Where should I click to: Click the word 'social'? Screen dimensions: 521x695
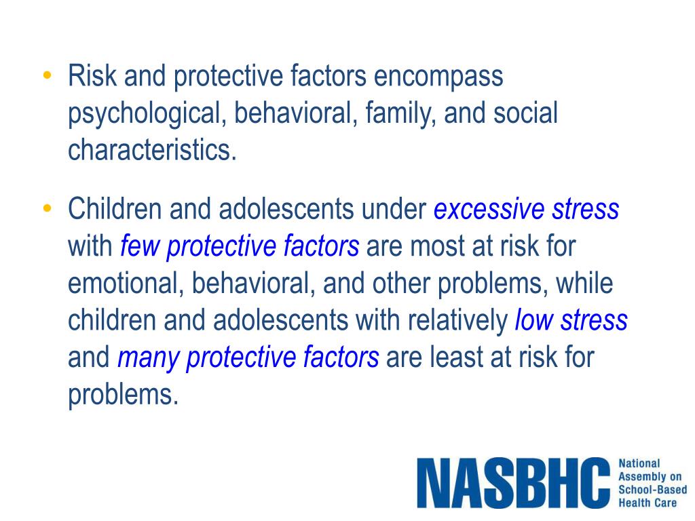pyautogui.click(x=525, y=113)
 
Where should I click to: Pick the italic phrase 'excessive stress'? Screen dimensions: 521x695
pyautogui.click(x=526, y=210)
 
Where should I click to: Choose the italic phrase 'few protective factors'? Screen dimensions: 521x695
pyautogui.click(x=240, y=246)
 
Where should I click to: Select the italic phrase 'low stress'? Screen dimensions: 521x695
pyautogui.click(x=571, y=320)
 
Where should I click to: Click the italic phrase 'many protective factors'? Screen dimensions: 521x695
pyautogui.click(x=248, y=356)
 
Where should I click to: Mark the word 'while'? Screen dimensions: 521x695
pyautogui.click(x=584, y=283)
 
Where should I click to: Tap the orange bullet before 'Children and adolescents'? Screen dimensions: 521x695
pyautogui.click(x=47, y=207)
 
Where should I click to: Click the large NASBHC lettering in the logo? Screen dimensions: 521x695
pyautogui.click(x=513, y=483)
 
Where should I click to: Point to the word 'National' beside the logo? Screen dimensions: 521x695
pyautogui.click(x=639, y=463)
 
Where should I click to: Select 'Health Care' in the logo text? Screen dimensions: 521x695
pyautogui.click(x=647, y=503)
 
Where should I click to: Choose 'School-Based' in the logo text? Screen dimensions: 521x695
pyautogui.click(x=652, y=490)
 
